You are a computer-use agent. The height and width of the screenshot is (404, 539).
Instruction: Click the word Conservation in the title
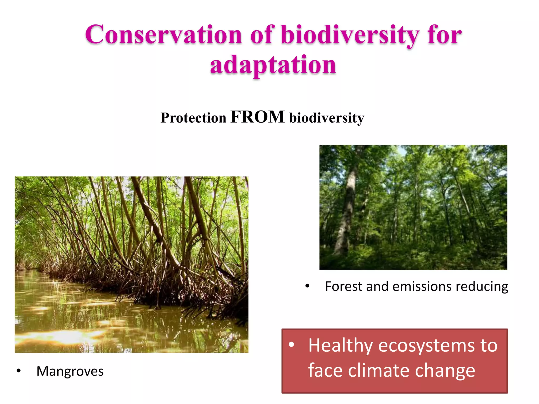click(x=163, y=35)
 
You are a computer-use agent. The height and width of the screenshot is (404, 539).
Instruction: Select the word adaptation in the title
click(x=273, y=65)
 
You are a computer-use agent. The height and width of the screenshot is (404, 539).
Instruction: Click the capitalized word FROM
click(x=257, y=117)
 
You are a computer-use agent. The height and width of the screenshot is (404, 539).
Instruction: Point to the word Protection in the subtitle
click(x=193, y=118)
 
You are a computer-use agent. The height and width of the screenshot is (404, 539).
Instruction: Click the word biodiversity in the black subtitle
click(x=327, y=118)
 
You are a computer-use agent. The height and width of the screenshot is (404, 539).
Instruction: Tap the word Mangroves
click(x=70, y=371)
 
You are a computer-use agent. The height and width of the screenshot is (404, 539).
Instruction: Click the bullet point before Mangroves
click(x=18, y=371)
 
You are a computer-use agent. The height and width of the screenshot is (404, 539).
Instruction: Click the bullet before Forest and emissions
click(x=307, y=286)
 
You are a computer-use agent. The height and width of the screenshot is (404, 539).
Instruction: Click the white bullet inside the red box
click(x=291, y=345)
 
